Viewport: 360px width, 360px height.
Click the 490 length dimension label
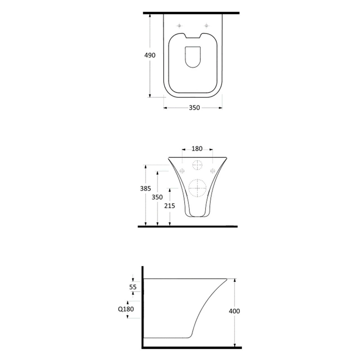(x=150, y=55)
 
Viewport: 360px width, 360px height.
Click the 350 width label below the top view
(x=194, y=108)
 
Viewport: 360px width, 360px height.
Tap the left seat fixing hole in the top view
(x=179, y=26)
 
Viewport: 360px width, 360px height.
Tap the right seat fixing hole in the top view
(x=206, y=26)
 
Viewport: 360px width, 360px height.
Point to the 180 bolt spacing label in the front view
(x=197, y=149)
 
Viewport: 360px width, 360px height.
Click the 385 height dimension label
(x=145, y=189)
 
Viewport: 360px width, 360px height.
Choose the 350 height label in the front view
(x=157, y=197)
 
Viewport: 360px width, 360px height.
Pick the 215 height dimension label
(x=170, y=206)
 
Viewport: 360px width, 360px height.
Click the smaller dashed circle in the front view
(x=198, y=165)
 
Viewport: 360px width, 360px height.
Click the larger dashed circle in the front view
(x=197, y=188)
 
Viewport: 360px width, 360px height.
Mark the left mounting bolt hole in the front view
(x=182, y=171)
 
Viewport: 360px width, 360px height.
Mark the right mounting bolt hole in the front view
(x=213, y=171)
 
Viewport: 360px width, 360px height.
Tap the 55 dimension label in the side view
(x=133, y=287)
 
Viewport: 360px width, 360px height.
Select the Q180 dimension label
(x=126, y=309)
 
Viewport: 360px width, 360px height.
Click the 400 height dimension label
(x=234, y=311)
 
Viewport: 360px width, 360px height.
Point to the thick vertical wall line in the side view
(x=143, y=307)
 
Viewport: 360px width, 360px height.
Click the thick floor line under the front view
(x=188, y=226)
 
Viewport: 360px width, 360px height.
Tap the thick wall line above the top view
(x=191, y=13)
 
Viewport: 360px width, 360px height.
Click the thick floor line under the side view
(x=191, y=348)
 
